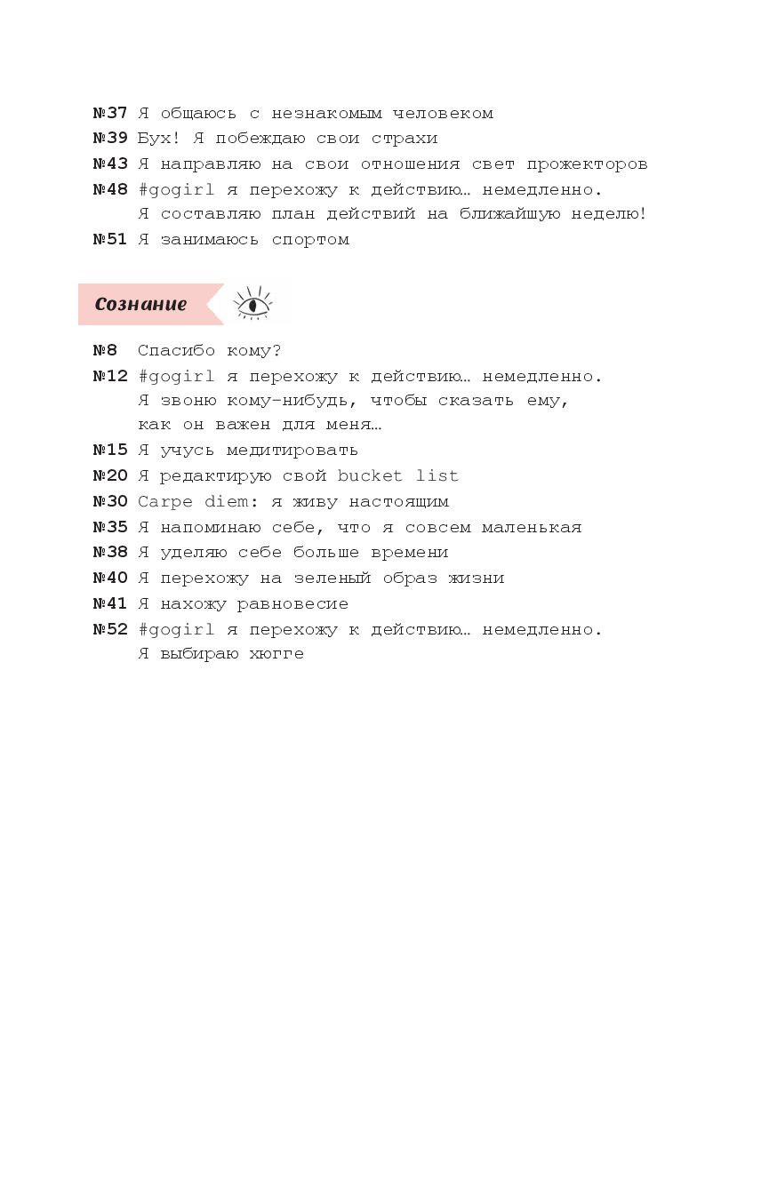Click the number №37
coord(110,113)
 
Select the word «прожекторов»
coord(587,164)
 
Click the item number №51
coord(110,239)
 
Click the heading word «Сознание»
coord(141,304)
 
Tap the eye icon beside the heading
coord(253,304)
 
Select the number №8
coord(105,350)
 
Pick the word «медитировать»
coord(292,450)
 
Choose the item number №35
coord(110,527)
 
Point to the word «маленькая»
coord(532,527)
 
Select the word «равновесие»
coord(292,604)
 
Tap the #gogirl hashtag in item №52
coord(176,630)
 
